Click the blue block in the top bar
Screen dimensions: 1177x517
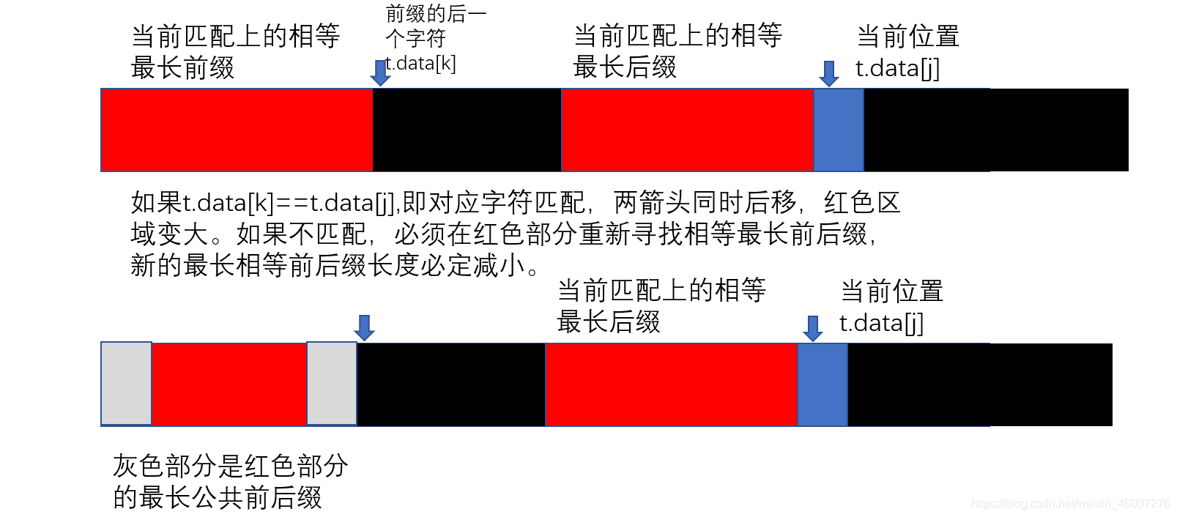839,130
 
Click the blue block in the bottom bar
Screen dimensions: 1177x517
822,384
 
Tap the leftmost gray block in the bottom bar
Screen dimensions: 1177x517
126,383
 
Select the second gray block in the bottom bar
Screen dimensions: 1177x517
331,383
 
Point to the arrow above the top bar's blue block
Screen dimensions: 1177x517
829,73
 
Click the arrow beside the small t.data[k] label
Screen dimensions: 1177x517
380,72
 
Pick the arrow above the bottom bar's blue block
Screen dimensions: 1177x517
812,328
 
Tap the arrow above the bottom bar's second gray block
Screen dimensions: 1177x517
364,327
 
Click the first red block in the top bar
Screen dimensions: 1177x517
237,130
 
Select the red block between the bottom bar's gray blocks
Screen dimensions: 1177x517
229,384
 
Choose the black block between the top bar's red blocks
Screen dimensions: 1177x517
467,130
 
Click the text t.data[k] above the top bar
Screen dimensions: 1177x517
422,64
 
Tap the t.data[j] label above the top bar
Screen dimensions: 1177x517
897,68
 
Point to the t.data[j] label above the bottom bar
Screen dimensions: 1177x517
881,323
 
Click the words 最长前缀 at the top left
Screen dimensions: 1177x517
182,68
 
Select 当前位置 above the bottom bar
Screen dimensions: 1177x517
891,291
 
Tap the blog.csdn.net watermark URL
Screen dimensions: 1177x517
1070,504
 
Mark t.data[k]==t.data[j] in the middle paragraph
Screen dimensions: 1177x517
288,202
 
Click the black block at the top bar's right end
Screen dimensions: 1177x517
996,130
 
